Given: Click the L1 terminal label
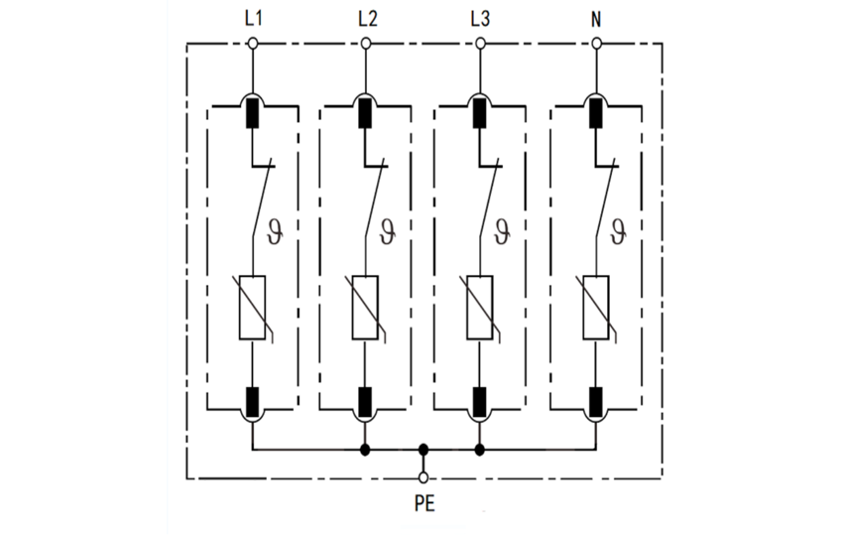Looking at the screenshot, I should click(252, 19).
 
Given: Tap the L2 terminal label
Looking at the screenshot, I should click(366, 19).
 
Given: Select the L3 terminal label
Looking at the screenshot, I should click(480, 19).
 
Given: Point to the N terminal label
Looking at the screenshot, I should click(596, 19).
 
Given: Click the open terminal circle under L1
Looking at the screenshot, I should click(252, 43).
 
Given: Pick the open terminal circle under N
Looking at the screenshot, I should click(596, 43).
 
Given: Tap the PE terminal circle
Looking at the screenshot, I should click(424, 477).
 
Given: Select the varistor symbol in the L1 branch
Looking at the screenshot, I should click(252, 308).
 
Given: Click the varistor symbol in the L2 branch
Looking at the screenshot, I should click(366, 308).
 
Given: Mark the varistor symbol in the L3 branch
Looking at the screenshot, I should click(480, 308).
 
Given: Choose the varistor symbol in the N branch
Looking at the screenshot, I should click(596, 308).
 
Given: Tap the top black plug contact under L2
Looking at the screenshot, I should click(366, 113).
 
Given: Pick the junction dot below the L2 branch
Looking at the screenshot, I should click(366, 450).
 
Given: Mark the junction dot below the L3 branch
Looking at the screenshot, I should click(480, 450).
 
